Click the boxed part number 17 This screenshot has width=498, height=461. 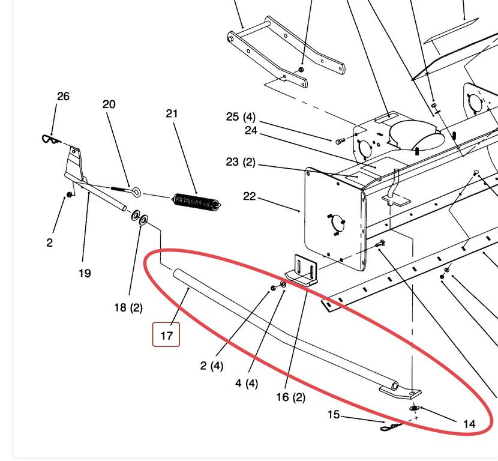pos(166,335)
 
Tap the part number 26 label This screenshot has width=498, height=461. pos(63,96)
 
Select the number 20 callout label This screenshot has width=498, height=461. pos(109,104)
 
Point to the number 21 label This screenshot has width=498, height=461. pos(172,113)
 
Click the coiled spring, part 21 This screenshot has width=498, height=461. pos(196,201)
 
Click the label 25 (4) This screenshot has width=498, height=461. pos(241,116)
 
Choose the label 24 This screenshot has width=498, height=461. pos(251,130)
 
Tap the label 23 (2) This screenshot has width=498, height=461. pos(241,162)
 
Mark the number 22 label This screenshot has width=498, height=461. pos(250,196)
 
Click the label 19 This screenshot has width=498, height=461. pos(85,273)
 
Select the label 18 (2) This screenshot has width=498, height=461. pos(128,307)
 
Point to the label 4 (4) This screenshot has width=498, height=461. pos(247,382)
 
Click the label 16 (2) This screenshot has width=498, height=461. pos(290,397)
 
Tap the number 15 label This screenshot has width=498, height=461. pos(334,415)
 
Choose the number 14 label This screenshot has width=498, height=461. pos(469,424)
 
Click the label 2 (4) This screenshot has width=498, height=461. pos(212,365)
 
